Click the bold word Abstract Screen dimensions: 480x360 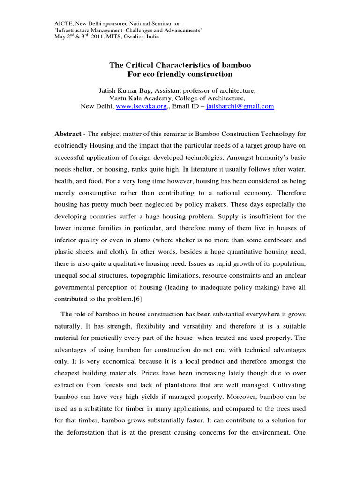point(68,134)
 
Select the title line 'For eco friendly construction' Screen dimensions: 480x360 point(180,74)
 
